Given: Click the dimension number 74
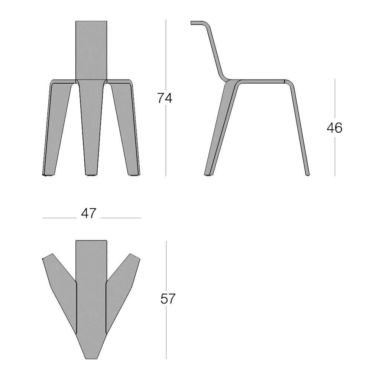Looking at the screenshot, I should [x=165, y=98].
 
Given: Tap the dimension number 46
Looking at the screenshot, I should [x=334, y=128].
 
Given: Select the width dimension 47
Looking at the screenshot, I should [x=89, y=213].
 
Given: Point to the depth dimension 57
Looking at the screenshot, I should [x=168, y=299].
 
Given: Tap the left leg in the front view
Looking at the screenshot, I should [x=56, y=126].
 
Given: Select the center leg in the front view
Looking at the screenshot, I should [x=91, y=126].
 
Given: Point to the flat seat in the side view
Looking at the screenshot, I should [x=260, y=81].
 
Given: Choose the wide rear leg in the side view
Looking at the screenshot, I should [x=219, y=130].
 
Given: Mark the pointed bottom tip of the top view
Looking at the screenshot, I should [x=91, y=357].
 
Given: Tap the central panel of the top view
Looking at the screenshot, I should [x=91, y=290].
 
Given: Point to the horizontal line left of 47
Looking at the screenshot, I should [x=59, y=218].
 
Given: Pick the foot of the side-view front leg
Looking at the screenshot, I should [x=307, y=174].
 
